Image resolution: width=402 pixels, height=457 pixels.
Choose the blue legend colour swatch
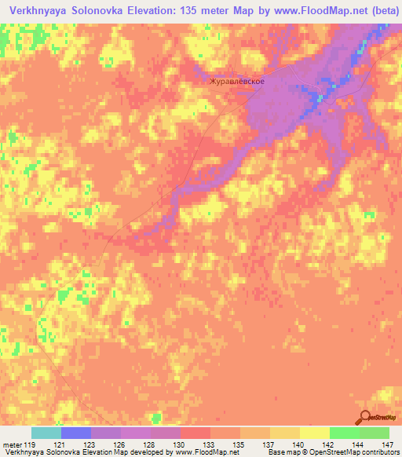(76, 433)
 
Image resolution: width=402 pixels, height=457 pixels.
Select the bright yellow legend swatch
(314, 433)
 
